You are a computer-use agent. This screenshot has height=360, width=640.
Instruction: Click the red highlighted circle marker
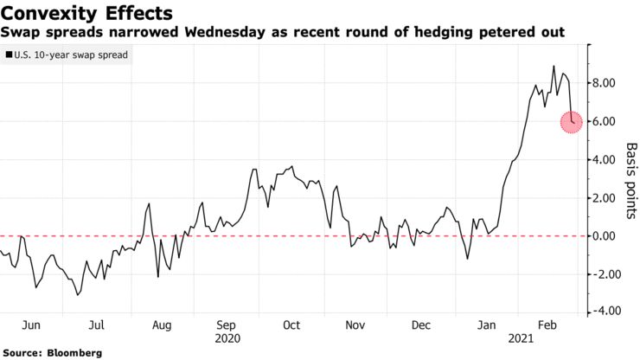573,121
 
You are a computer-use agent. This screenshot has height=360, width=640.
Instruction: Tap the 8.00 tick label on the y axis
605,83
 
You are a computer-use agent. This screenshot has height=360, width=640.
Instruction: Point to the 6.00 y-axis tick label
605,121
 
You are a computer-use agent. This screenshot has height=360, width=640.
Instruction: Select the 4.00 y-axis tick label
605,159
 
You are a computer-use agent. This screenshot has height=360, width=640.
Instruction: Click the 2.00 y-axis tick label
605,197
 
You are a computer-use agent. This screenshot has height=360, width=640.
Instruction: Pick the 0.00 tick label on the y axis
605,235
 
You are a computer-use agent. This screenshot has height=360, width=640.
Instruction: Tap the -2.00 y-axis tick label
603,273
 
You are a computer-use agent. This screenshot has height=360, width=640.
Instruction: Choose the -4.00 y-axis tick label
603,312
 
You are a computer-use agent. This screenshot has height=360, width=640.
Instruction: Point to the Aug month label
162,325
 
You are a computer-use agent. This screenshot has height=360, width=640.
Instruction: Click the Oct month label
291,325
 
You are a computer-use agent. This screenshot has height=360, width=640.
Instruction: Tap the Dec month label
421,325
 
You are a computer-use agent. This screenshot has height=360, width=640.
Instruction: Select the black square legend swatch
8,54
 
